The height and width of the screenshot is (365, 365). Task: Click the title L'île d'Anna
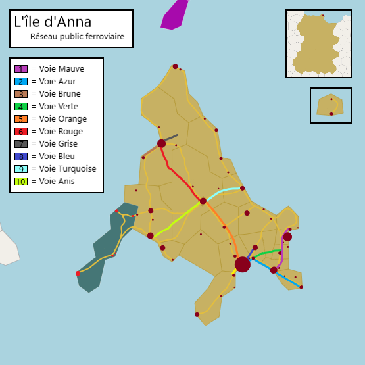point(53,22)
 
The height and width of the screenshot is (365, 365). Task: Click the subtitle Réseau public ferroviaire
point(77,37)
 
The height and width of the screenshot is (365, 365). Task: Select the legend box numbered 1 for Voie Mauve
point(21,69)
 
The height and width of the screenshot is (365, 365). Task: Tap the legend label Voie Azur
point(57,82)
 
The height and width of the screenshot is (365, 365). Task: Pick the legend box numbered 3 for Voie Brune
point(21,94)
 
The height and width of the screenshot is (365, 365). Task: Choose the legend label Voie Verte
point(59,107)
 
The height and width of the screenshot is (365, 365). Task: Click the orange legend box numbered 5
point(21,119)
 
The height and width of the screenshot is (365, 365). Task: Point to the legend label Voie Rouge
point(61,132)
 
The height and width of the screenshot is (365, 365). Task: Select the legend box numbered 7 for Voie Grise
point(21,144)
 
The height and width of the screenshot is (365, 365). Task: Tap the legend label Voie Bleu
point(57,157)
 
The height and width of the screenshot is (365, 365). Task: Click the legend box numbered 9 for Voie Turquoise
point(21,169)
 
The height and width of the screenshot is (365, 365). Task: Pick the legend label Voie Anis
point(57,182)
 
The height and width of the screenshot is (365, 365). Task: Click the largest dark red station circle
point(242,264)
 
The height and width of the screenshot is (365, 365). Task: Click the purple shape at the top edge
point(174,14)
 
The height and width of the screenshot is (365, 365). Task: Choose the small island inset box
point(330,105)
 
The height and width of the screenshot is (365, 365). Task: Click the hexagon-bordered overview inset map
point(318,43)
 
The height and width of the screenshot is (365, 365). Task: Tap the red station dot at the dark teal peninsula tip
point(78,273)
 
